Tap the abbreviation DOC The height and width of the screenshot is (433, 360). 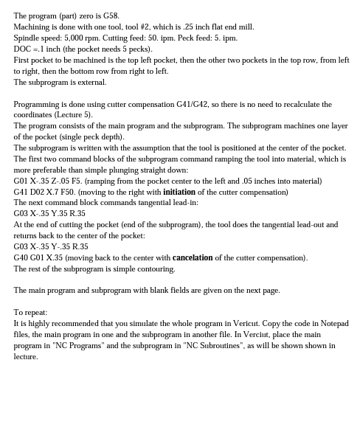22,49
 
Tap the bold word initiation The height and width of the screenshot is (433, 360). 179,192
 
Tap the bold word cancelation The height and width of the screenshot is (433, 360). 193,257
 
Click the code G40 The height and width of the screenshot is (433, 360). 21,257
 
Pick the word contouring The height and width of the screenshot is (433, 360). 157,269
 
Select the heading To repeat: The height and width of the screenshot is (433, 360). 30,312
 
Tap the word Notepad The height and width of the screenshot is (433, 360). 334,323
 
